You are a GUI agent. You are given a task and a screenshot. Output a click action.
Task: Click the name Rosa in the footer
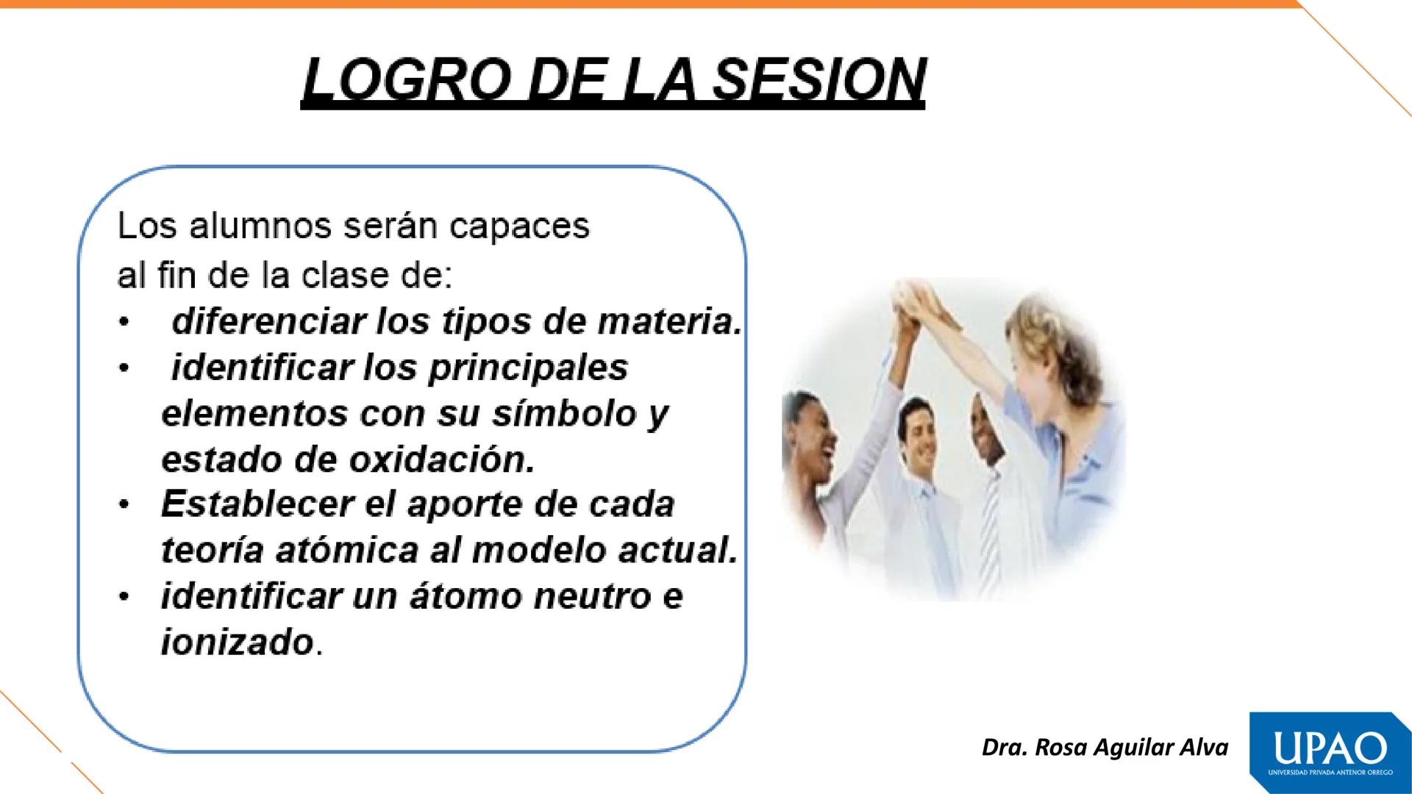(1062, 748)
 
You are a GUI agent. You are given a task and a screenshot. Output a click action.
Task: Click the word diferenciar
(269, 321)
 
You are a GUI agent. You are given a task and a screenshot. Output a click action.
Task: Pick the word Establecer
(258, 504)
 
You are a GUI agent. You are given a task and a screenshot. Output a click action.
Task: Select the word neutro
(592, 596)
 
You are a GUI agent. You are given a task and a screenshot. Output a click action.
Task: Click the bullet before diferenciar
(126, 323)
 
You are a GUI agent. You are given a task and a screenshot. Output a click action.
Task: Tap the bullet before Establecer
(126, 506)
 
